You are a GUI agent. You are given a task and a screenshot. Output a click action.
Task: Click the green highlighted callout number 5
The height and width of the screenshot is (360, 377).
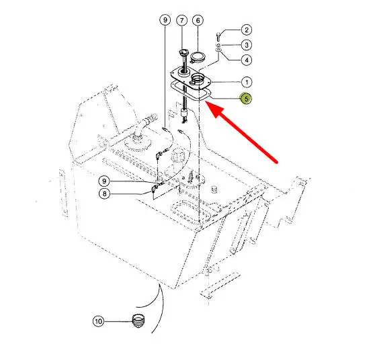[x=246, y=99]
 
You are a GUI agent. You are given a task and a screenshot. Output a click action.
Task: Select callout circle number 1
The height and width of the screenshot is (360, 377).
[x=247, y=83]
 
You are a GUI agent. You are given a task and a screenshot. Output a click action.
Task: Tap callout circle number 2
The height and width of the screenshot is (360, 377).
[x=247, y=30]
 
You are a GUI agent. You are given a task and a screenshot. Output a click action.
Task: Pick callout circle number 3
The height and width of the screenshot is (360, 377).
[x=247, y=45]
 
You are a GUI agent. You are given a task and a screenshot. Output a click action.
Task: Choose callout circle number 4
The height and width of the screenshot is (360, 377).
[x=247, y=60]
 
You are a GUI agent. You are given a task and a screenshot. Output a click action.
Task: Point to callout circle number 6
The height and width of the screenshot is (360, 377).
[x=198, y=20]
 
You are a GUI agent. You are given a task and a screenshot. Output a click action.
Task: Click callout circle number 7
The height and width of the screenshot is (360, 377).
[x=181, y=20]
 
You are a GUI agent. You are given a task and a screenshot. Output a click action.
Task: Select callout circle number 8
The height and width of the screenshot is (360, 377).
[x=104, y=193]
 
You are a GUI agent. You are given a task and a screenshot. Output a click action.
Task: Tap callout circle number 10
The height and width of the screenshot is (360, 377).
[x=98, y=321]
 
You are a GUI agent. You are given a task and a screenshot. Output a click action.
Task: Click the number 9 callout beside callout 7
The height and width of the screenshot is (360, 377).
[x=165, y=20]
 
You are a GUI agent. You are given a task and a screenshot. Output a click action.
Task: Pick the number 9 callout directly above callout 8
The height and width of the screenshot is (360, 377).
[x=104, y=181]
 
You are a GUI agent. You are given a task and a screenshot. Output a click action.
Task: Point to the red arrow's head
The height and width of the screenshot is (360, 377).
[x=214, y=109]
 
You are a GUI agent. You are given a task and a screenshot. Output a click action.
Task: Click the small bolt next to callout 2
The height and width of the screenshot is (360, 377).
[x=218, y=37]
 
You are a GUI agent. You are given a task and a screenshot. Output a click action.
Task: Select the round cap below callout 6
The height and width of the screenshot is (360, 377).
[x=198, y=58]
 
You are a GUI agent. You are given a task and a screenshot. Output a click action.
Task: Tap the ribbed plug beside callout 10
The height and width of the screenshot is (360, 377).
[x=138, y=320]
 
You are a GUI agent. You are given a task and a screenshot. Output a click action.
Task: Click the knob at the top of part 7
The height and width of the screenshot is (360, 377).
[x=184, y=52]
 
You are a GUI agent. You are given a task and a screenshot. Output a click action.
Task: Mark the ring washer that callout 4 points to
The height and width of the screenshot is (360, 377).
[x=218, y=50]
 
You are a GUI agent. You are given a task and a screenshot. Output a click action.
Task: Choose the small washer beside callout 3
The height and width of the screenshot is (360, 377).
[x=218, y=45]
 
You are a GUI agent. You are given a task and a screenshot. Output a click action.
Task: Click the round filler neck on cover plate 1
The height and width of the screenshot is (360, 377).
[x=198, y=79]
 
